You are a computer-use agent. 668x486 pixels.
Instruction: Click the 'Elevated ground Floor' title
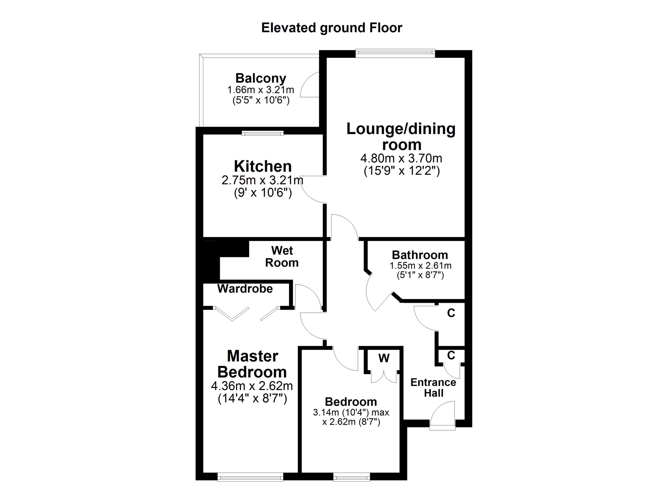pyautogui.click(x=332, y=28)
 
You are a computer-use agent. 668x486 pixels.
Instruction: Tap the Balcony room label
pyautogui.click(x=261, y=78)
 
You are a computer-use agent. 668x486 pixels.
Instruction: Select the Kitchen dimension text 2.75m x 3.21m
pyautogui.click(x=262, y=180)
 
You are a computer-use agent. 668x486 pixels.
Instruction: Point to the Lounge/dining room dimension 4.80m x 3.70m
pyautogui.click(x=401, y=158)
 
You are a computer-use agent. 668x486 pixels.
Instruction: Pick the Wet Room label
pyautogui.click(x=282, y=257)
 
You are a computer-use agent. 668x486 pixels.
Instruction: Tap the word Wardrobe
pyautogui.click(x=245, y=289)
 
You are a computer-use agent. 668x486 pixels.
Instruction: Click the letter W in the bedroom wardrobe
pyautogui.click(x=384, y=358)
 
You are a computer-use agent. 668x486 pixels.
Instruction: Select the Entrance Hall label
pyautogui.click(x=433, y=388)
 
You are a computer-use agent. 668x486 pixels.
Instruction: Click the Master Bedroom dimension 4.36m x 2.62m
pyautogui.click(x=252, y=386)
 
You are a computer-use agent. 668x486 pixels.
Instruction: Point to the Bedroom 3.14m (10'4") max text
pyautogui.click(x=351, y=412)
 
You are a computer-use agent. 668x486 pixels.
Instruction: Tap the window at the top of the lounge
pyautogui.click(x=395, y=53)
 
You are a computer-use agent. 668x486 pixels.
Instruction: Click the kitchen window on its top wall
pyautogui.click(x=263, y=133)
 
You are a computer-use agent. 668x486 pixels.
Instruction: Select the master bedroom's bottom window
pyautogui.click(x=250, y=477)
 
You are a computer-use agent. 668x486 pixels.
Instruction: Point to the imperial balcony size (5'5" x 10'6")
pyautogui.click(x=261, y=100)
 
